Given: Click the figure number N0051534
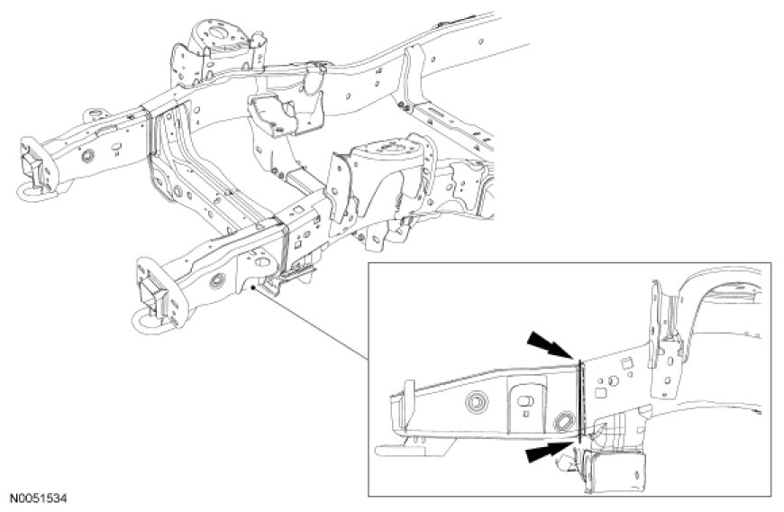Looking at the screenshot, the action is click(x=39, y=498).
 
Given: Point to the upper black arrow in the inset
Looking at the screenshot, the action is click(x=549, y=345).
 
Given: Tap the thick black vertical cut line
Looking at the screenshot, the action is click(x=579, y=401).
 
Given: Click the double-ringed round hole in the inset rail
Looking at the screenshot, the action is click(x=475, y=401).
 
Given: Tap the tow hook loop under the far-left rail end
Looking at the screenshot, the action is click(x=34, y=193).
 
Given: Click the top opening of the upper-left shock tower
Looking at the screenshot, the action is click(x=217, y=32).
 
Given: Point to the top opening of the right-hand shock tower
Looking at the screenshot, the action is click(x=386, y=148).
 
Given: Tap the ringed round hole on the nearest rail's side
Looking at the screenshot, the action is click(x=217, y=281).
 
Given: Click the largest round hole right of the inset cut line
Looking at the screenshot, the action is click(x=613, y=381).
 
